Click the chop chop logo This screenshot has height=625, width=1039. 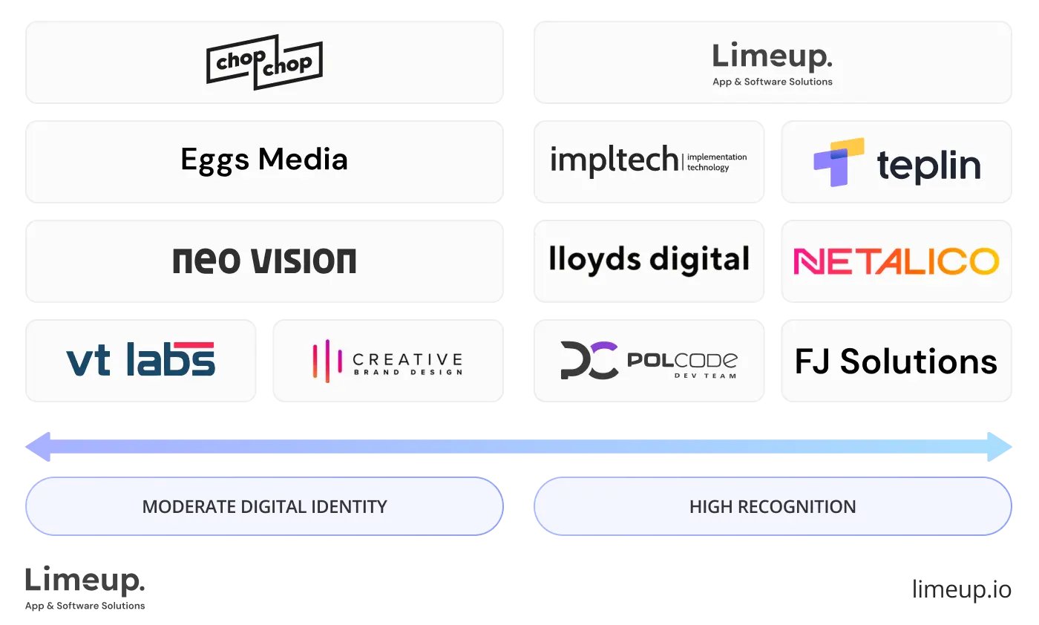(263, 62)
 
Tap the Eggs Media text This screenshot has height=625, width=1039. (264, 160)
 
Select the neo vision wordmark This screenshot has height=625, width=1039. (264, 261)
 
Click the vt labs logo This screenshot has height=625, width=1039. (140, 359)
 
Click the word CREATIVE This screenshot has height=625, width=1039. (407, 358)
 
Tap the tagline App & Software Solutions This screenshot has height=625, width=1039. (772, 82)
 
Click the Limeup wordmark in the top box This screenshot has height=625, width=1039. (772, 57)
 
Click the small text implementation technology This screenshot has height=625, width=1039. (716, 162)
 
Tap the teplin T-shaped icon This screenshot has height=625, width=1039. (839, 162)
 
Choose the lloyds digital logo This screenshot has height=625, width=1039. (649, 260)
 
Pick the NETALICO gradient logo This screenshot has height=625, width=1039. (896, 261)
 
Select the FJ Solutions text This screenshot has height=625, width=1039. (896, 361)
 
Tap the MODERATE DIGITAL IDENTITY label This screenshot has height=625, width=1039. (264, 507)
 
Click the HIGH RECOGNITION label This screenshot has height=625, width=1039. (772, 507)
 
